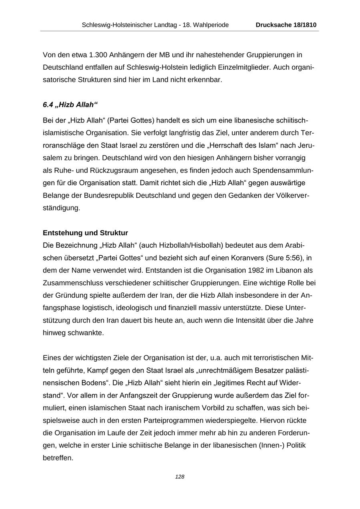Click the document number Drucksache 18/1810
click(286, 25)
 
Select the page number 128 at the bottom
click(180, 477)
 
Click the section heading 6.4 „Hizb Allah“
click(70, 105)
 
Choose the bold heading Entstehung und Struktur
click(85, 233)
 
